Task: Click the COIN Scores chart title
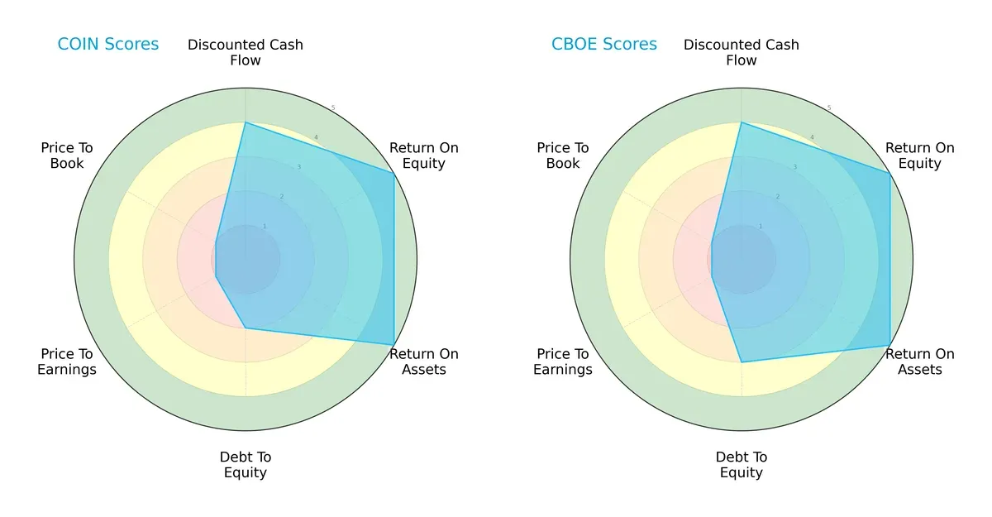107,45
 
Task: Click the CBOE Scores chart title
604,45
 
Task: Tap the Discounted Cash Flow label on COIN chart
246,52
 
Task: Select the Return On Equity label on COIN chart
424,156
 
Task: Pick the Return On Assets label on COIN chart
424,361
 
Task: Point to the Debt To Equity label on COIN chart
246,465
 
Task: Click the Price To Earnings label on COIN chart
67,361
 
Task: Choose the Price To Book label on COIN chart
67,156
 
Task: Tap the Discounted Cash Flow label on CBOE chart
742,52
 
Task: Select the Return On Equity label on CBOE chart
920,156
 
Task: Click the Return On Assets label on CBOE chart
920,361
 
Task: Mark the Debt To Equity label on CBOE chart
742,465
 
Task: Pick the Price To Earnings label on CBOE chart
563,361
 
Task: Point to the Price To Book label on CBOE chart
563,156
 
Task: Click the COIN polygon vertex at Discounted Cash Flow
246,122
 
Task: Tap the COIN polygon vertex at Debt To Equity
246,328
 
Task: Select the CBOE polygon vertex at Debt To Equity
742,362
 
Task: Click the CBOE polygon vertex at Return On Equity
890,173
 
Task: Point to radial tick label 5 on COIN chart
332,108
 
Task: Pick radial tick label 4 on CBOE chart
811,138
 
